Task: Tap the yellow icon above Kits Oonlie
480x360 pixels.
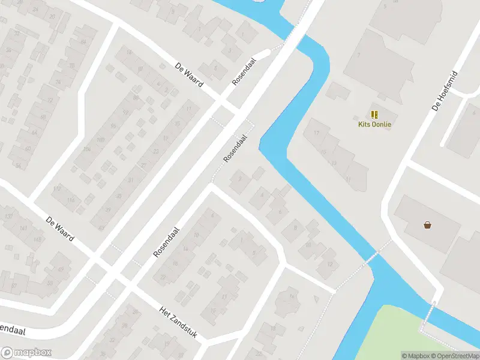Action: [374, 114]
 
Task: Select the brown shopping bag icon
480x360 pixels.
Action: [427, 225]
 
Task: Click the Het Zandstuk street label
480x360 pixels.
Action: [178, 322]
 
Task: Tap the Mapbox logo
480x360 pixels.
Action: [26, 353]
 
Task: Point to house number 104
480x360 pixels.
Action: [87, 149]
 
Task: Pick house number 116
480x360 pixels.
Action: [74, 200]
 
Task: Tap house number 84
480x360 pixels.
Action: [83, 41]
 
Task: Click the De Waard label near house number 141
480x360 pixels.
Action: [60, 229]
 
